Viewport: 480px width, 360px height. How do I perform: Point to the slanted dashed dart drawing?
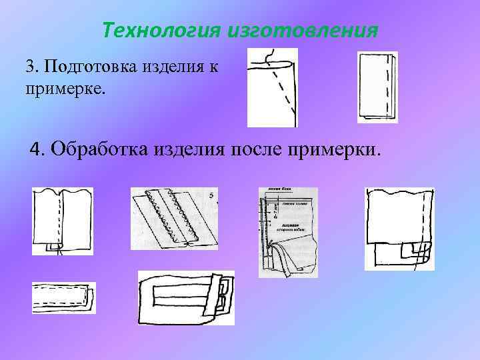pyautogui.click(x=272, y=87)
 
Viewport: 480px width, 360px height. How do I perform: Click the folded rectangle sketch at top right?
pyautogui.click(x=377, y=87)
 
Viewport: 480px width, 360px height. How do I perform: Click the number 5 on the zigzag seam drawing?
pyautogui.click(x=211, y=195)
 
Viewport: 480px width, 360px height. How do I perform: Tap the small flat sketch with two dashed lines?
pyautogui.click(x=63, y=298)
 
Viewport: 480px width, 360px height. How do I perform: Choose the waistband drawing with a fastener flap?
pyautogui.click(x=186, y=297)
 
